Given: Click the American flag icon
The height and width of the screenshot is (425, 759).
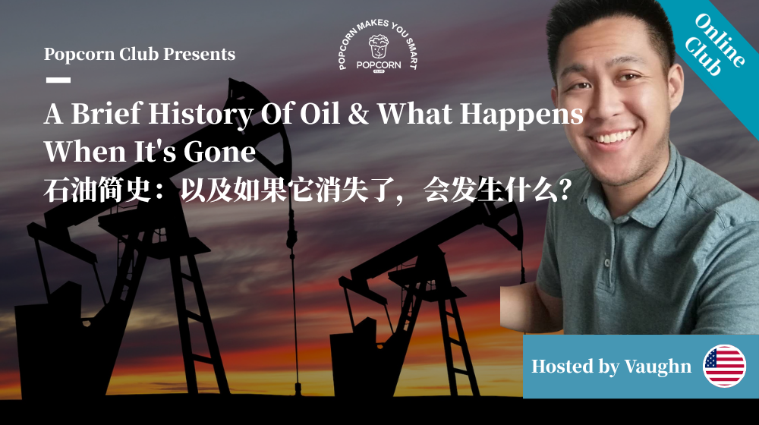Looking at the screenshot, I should coord(725,366).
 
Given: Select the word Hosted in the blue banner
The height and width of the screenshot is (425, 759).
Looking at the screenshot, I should coord(562,367).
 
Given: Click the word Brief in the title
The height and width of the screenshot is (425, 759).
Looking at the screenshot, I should coord(107,115).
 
